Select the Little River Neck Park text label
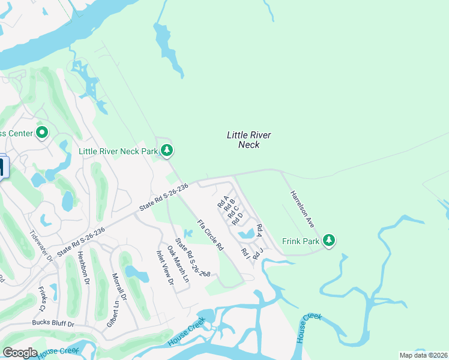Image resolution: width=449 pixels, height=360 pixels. pos(118,151)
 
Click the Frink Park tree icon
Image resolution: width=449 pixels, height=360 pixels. pos(328,241)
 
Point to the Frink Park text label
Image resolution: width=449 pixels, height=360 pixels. pos(300,241)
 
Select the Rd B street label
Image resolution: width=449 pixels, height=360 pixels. pos(229,205)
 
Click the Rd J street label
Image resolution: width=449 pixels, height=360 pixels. pos(258,254)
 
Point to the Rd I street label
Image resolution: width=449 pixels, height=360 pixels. pos(245,254)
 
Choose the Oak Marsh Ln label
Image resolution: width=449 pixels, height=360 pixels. pos(178,264)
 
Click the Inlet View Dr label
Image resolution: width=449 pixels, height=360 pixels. pos(165,268)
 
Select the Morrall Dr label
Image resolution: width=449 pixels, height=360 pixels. pos(118,289)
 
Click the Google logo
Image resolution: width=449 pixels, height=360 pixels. pos(20,353)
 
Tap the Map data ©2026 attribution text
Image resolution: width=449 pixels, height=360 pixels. pos(423,355)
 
